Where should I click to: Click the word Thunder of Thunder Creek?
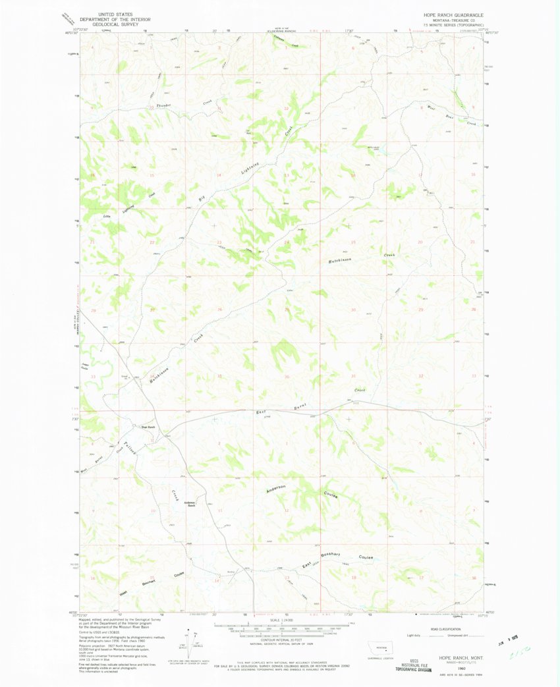click(163, 105)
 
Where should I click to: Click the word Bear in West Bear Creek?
click(450, 116)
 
